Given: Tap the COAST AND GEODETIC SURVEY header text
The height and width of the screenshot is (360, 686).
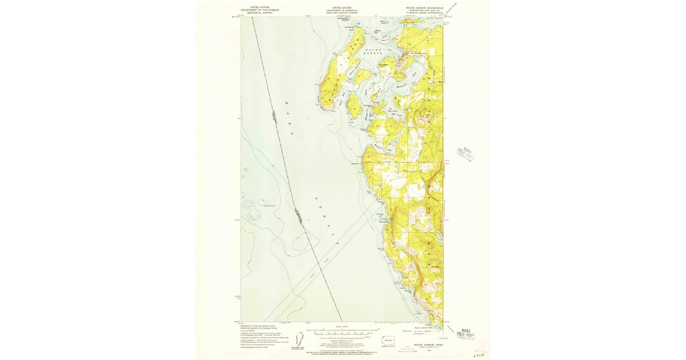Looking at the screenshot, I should point(342,12).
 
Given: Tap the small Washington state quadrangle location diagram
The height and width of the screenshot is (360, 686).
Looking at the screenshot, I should point(388,340).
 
